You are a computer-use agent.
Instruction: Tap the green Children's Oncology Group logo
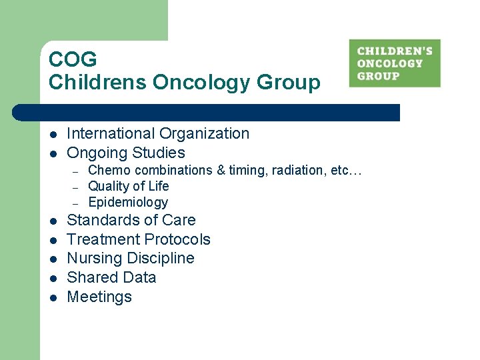pos(395,63)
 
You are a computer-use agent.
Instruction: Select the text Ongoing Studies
pos(126,153)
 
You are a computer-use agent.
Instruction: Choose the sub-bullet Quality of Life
pos(129,187)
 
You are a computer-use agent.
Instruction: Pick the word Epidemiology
pos(128,203)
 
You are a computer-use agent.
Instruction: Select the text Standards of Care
pos(131,220)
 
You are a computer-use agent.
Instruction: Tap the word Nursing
pos(94,259)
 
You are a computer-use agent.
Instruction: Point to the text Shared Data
pos(111,277)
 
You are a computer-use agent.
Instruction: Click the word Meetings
pos(99,297)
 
